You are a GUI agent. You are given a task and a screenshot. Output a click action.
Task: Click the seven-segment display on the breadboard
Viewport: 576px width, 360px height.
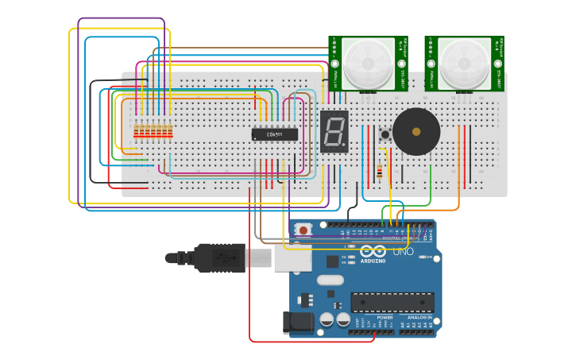[x=334, y=131]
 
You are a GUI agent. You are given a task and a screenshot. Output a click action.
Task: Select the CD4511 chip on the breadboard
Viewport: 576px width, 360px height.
[x=275, y=134]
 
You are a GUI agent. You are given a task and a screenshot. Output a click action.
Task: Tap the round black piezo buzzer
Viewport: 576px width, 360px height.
[x=416, y=132]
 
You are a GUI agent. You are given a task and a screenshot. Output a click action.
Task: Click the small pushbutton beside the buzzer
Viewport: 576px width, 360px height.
[x=385, y=134]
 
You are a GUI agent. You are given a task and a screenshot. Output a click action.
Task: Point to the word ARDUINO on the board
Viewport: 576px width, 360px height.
[x=373, y=261]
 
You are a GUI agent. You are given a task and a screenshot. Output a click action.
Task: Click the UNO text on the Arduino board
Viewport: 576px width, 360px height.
[x=403, y=252]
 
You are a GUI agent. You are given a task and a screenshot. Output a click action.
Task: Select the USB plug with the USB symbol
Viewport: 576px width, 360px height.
[x=219, y=257]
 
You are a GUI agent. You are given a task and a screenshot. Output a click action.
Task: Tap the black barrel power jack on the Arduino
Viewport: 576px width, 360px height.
[x=297, y=322]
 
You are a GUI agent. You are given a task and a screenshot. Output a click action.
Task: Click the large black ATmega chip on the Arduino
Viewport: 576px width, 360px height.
[x=392, y=302]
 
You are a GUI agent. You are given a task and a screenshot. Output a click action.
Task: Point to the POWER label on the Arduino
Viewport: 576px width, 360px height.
[x=385, y=317]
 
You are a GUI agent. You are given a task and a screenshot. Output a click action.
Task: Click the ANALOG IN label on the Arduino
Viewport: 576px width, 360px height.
[x=419, y=317]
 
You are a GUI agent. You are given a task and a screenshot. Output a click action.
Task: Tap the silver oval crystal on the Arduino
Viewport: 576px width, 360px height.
[x=330, y=280]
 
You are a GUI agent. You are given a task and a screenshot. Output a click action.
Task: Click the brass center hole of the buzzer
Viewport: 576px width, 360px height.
[x=416, y=132]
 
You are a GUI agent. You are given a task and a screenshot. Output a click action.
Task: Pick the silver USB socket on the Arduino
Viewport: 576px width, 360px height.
[x=292, y=257]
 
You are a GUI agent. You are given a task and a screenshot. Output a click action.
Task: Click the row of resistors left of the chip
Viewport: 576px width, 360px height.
[x=153, y=132]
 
